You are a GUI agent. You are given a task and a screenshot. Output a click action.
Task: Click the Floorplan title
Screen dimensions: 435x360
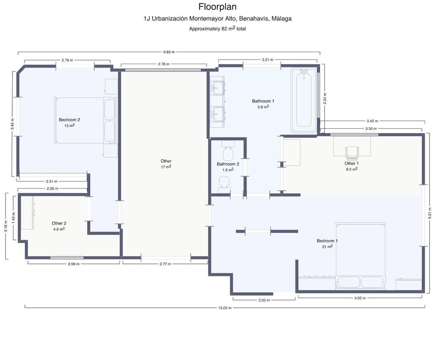point(217,7)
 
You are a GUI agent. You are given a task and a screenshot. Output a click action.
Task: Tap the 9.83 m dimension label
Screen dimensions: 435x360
point(169,52)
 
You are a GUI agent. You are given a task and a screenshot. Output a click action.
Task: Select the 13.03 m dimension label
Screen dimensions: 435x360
point(225,308)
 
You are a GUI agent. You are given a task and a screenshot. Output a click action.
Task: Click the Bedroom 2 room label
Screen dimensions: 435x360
point(69,120)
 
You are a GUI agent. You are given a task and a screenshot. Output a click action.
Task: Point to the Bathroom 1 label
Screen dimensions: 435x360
point(263,101)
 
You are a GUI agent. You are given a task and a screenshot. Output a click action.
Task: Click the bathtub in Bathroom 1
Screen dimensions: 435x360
point(304,100)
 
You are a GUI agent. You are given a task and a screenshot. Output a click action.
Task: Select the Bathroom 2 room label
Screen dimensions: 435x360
point(228,164)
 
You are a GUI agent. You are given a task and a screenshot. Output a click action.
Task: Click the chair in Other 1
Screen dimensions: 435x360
point(352,154)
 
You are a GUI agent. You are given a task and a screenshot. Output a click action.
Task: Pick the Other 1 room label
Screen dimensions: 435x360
point(351,163)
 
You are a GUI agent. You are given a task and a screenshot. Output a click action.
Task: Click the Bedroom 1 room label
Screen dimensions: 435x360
point(327,241)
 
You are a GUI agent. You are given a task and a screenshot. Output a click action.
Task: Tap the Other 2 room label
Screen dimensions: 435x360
point(59,223)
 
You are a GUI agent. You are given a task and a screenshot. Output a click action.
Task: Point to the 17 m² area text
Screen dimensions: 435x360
point(166,167)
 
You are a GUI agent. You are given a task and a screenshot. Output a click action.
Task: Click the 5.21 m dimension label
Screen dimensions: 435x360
point(430,213)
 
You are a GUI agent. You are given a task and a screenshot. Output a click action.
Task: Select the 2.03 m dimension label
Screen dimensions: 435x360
point(264,300)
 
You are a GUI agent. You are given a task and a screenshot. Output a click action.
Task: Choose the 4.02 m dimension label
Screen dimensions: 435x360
point(360,298)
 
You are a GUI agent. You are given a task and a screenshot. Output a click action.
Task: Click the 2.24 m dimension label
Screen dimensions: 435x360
point(325,99)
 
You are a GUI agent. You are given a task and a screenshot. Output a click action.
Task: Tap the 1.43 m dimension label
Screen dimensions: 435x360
point(13,218)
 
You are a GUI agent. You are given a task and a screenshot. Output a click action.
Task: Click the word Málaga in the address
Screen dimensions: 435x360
point(281,19)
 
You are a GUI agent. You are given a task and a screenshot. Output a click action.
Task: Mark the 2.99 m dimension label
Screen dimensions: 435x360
point(73,264)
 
